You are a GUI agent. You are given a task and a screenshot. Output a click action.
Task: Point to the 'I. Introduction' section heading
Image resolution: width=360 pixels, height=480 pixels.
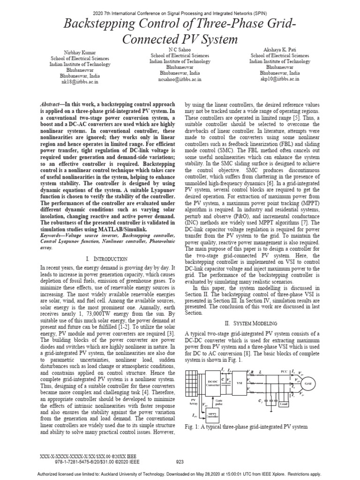107,259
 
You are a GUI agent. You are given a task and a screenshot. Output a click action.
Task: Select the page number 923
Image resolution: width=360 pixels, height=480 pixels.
180,461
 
